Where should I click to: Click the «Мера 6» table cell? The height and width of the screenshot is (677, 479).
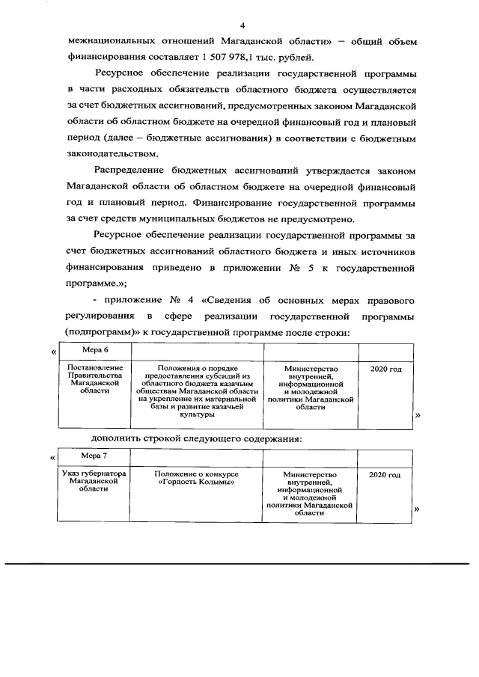click(95, 350)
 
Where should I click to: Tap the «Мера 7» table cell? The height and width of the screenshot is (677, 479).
click(95, 456)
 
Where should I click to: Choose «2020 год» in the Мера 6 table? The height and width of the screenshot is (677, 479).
click(386, 369)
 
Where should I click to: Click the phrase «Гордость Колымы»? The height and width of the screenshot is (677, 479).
click(196, 483)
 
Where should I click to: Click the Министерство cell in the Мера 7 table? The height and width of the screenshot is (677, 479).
click(310, 493)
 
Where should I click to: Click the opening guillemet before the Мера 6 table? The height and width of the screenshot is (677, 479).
click(52, 352)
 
